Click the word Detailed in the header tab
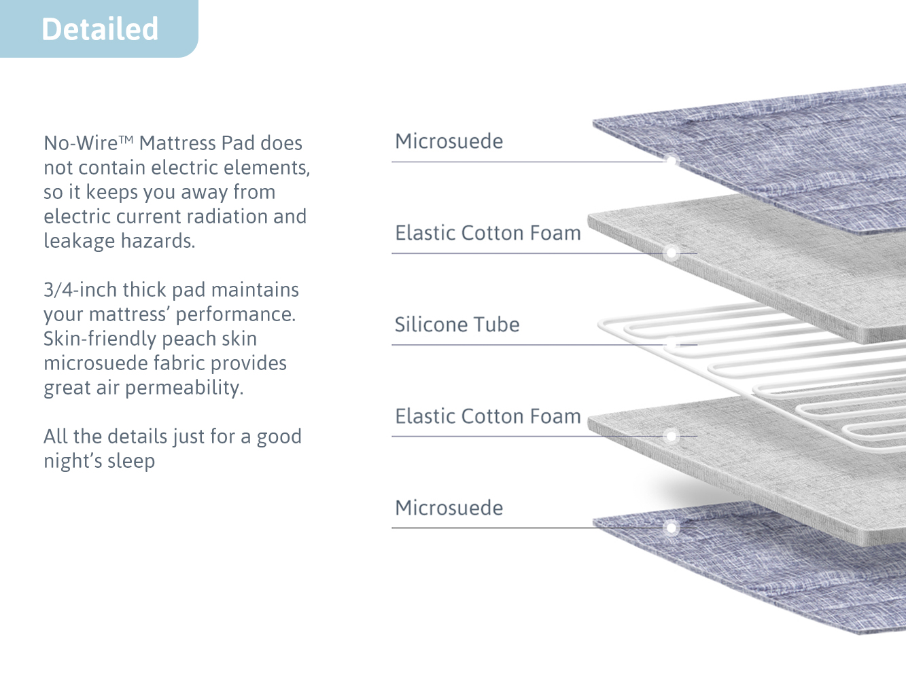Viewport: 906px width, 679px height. point(100,29)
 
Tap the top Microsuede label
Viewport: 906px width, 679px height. point(449,141)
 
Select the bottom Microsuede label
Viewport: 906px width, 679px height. point(449,507)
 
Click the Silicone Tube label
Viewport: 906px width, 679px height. point(457,325)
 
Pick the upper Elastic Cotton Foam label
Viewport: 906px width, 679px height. point(488,233)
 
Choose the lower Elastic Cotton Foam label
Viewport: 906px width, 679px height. point(488,416)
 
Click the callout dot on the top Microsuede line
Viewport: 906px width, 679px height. point(672,161)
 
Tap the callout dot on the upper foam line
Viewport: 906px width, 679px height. point(672,253)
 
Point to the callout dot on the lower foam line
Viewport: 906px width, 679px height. point(672,436)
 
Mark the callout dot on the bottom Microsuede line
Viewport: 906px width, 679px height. point(672,528)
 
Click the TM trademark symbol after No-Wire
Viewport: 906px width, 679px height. point(126,139)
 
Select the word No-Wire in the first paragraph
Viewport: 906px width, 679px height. point(81,143)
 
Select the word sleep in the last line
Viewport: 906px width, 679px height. point(131,461)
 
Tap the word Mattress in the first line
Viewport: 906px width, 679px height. point(177,143)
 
